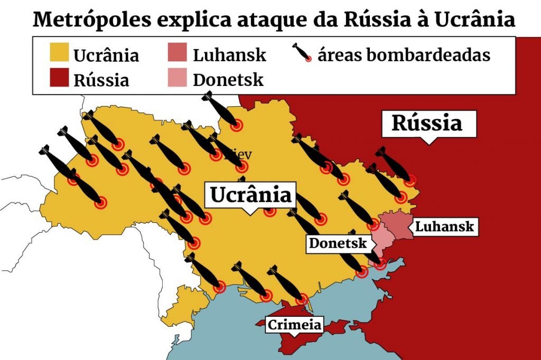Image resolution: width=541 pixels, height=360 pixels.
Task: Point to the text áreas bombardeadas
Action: [x=404, y=54]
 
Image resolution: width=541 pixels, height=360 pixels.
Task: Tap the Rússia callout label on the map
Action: [x=426, y=123]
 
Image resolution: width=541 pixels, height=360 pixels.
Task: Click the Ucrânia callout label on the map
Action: [x=251, y=195]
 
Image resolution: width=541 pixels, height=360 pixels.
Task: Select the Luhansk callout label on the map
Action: [x=445, y=227]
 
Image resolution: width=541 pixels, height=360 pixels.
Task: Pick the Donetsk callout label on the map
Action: [x=338, y=243]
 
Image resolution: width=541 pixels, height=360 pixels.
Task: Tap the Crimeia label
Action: [x=294, y=325]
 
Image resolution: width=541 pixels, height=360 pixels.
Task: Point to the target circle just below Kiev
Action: [x=241, y=167]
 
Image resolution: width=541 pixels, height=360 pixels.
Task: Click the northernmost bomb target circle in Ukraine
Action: [x=237, y=125]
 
